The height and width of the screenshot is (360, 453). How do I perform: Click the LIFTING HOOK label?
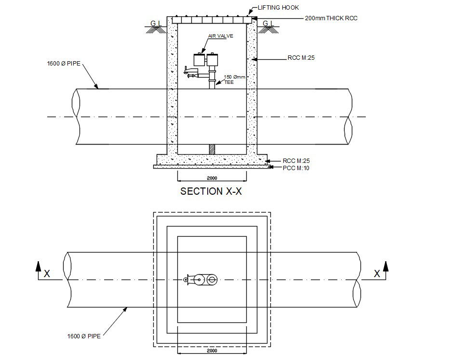[278, 8]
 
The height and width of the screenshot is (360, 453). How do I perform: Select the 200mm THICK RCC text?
[331, 18]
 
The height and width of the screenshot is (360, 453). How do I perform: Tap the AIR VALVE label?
[217, 36]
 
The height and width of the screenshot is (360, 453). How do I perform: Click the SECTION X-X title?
[211, 191]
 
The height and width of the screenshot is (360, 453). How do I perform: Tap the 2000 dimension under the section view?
[212, 178]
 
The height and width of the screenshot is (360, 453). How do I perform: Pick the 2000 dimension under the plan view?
[212, 351]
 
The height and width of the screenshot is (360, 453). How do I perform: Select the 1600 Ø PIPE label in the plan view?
[84, 336]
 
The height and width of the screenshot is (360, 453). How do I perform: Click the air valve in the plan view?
[201, 279]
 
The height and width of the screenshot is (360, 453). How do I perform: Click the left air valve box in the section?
[199, 59]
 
